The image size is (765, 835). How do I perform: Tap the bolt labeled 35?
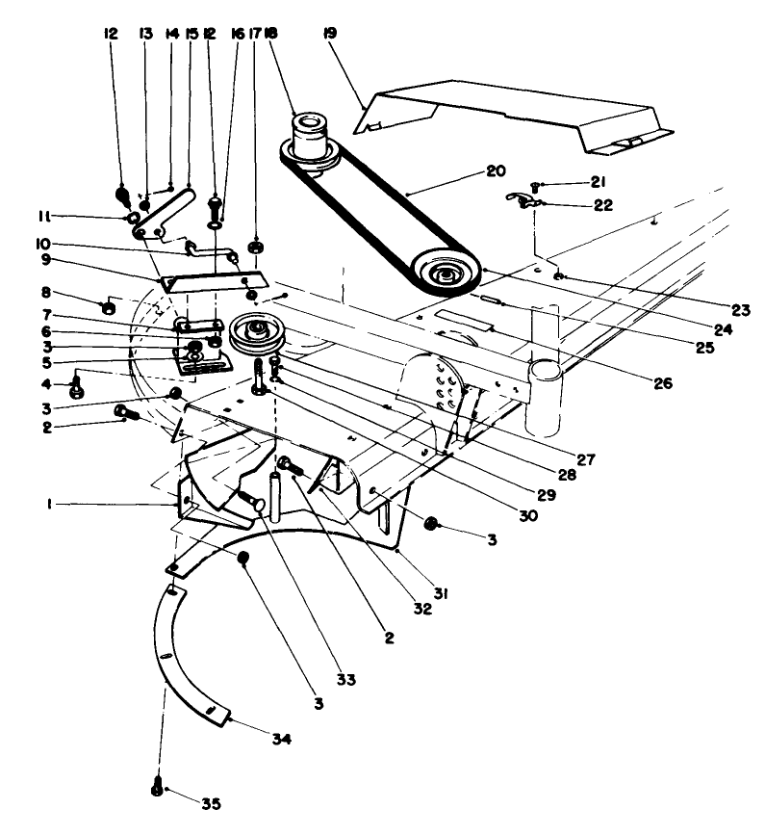[x=157, y=788]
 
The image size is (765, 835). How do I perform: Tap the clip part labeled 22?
[x=523, y=200]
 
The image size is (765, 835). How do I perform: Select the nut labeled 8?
[x=109, y=307]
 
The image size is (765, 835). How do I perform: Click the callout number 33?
[x=345, y=679]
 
